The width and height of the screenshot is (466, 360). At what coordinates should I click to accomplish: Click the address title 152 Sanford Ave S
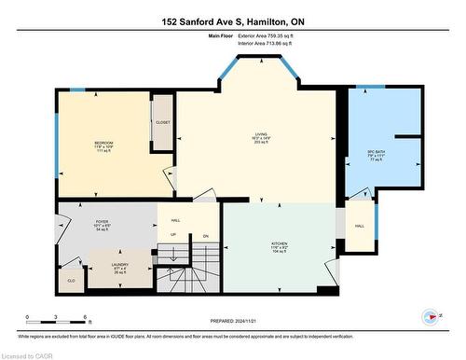232,21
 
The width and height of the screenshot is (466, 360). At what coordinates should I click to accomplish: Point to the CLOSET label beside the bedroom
163,121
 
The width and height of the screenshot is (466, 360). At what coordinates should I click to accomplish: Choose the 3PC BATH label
377,151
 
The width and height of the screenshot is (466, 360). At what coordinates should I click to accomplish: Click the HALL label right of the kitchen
359,227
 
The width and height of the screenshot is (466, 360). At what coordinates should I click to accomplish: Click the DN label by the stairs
205,235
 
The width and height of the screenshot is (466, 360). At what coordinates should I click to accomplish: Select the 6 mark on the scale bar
86,318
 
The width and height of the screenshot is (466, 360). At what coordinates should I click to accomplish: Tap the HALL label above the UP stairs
175,220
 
